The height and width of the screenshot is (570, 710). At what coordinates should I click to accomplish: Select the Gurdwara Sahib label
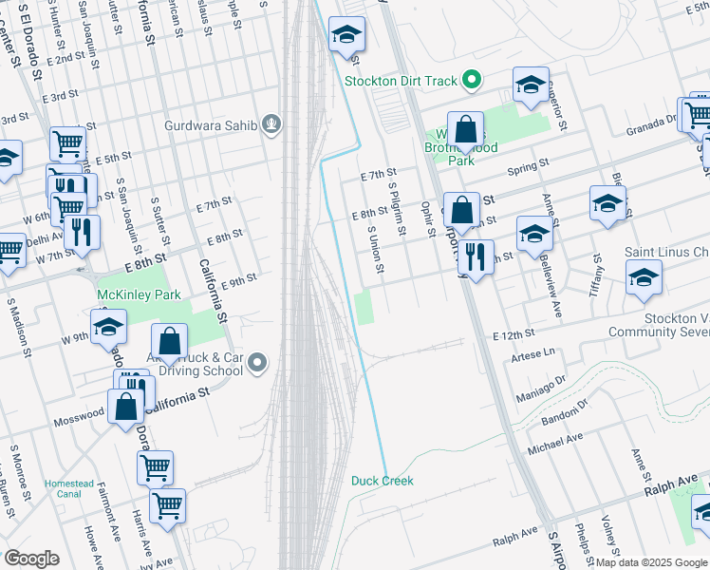pos(211,124)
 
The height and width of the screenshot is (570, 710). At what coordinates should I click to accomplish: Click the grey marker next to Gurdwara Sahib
pos(272,123)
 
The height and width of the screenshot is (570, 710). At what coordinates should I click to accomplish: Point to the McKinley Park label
pos(139,295)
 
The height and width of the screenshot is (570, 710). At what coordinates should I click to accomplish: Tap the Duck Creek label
pos(383,481)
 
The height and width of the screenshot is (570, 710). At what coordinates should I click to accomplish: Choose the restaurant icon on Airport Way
pos(476,256)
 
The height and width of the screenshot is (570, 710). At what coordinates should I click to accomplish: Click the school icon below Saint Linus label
pos(644,277)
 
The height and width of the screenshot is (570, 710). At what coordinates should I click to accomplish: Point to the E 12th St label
pos(514,335)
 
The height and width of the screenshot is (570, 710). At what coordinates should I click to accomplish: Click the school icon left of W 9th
pos(109,329)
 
